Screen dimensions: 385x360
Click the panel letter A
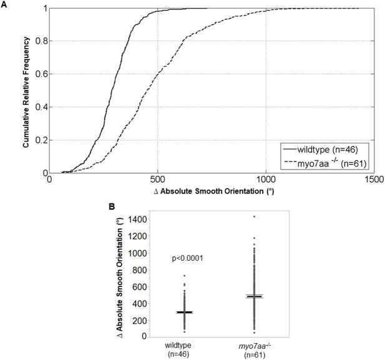[4, 4]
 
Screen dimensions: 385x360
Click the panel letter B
[112, 207]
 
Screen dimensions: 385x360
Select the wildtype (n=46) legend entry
[321, 150]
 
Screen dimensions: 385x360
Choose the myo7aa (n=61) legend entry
[325, 163]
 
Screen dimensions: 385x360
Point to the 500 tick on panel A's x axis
[157, 180]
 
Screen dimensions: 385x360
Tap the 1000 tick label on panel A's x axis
[266, 180]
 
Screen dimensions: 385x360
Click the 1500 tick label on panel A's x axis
[374, 180]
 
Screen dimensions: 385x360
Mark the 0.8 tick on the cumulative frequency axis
[42, 41]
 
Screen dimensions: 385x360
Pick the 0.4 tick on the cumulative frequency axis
[42, 107]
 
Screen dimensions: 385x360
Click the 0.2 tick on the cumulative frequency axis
[42, 140]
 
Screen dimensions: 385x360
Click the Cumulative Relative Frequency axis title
[26, 92]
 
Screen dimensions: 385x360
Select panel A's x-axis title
[214, 191]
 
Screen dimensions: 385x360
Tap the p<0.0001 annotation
[187, 258]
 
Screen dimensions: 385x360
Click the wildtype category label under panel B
[178, 345]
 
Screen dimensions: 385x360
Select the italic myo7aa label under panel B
[255, 346]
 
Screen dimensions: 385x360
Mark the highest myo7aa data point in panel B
[254, 216]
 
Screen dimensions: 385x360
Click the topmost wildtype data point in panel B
[185, 276]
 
